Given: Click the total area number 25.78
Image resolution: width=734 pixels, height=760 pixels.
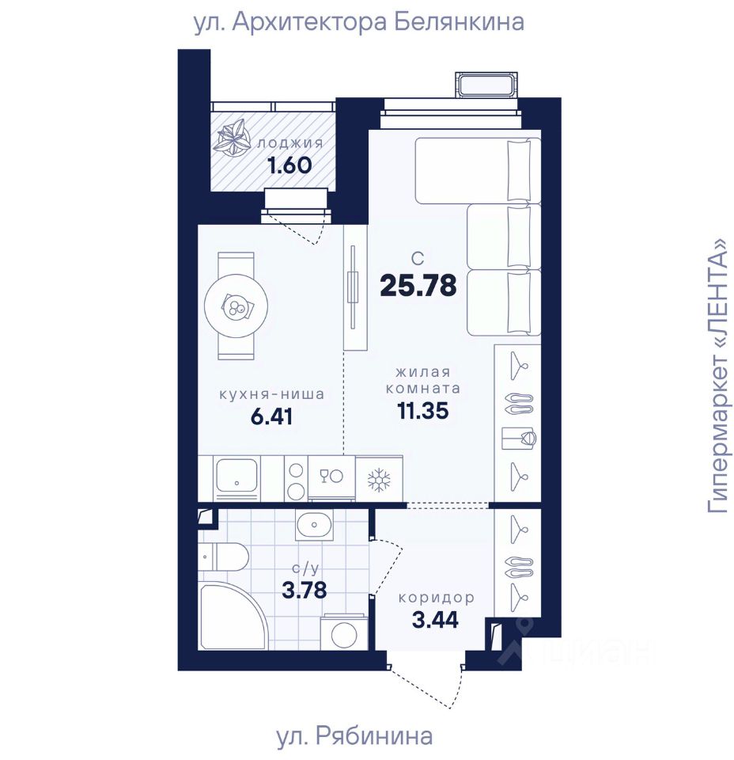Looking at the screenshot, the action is coord(418,285).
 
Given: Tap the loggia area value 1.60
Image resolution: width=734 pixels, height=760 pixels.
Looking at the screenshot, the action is coord(290,165).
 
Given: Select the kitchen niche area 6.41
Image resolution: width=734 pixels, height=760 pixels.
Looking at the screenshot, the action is coord(271,416).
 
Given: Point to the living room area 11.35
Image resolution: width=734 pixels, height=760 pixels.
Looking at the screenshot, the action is coord(422,411).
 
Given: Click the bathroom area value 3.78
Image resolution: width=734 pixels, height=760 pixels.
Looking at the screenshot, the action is coord(304,591).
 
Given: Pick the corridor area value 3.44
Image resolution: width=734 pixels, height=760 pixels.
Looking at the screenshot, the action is coord(435,619).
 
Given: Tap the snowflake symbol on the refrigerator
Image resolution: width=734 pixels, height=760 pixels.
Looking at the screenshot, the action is coord(379,480).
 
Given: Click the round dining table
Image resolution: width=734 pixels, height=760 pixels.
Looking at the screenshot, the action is coord(236,306).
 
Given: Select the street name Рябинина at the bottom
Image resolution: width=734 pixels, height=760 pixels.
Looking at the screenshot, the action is coord(374,735).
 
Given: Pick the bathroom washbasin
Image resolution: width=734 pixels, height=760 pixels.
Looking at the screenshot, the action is coord(314,525).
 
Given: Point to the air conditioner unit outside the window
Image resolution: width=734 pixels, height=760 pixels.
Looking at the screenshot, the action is coord(486,85).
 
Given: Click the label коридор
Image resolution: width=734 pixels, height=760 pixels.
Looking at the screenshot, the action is coord(436,598).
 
